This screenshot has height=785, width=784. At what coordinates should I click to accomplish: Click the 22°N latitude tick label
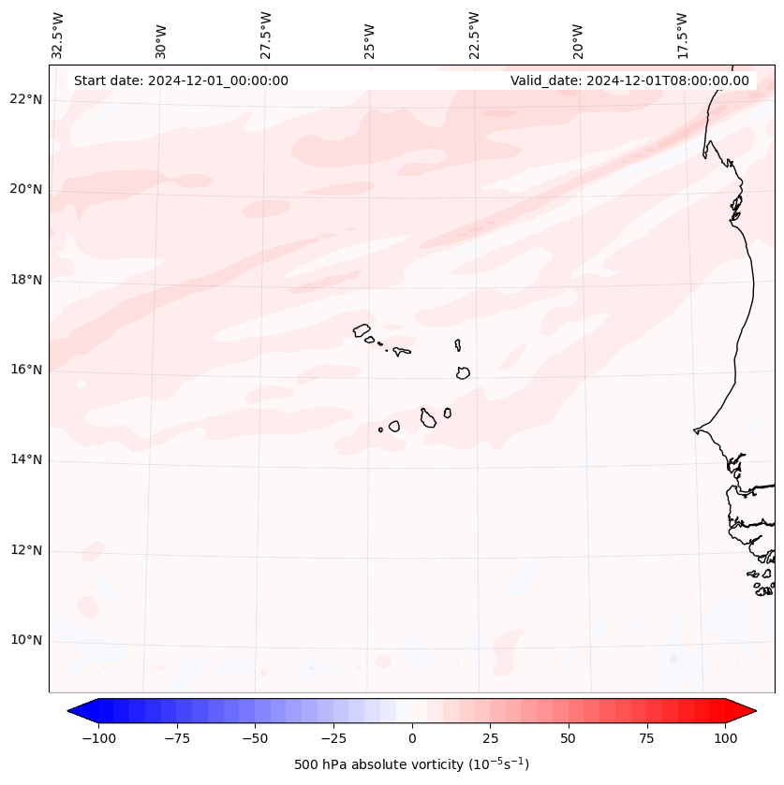pyautogui.click(x=26, y=99)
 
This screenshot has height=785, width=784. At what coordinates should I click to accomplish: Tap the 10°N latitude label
pyautogui.click(x=26, y=641)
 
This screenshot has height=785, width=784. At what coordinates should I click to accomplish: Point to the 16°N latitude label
pyautogui.click(x=26, y=370)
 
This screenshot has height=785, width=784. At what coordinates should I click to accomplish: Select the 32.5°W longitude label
pyautogui.click(x=58, y=36)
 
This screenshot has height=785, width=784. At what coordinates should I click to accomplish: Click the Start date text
pyautogui.click(x=181, y=80)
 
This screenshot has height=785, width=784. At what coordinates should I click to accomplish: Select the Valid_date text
pyautogui.click(x=629, y=80)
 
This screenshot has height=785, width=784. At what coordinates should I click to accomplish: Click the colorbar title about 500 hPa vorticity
pyautogui.click(x=411, y=764)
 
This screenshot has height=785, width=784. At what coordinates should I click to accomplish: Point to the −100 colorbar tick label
pyautogui.click(x=98, y=738)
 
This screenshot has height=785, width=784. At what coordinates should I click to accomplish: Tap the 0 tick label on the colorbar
pyautogui.click(x=411, y=738)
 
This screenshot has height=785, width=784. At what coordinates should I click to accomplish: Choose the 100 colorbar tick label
pyautogui.click(x=724, y=738)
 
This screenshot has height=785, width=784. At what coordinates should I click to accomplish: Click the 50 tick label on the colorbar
pyautogui.click(x=568, y=738)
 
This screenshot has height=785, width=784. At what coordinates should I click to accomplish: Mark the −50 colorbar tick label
pyautogui.click(x=255, y=738)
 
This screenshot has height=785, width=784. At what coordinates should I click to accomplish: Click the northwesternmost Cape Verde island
pyautogui.click(x=362, y=329)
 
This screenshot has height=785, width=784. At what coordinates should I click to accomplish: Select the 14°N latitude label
pyautogui.click(x=26, y=459)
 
